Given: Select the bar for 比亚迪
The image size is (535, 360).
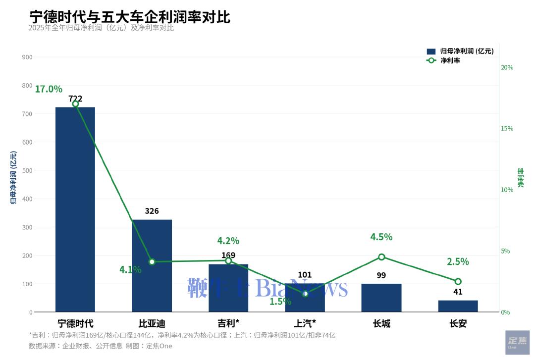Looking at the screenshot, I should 152,265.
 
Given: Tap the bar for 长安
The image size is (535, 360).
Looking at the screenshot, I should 458,306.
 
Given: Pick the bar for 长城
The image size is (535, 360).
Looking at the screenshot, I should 381,298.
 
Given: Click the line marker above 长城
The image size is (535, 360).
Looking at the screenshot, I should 381,257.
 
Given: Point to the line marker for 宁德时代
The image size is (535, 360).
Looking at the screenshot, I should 75,104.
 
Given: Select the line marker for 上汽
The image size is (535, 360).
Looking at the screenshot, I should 305,294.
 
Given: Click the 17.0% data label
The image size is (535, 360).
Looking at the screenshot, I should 49,89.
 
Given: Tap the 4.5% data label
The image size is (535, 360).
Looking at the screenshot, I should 381,237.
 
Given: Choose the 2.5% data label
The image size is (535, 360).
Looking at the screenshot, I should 458,261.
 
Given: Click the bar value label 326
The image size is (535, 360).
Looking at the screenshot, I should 152,211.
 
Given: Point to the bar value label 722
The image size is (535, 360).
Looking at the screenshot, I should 75,99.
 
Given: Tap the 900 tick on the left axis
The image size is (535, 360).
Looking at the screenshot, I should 27,57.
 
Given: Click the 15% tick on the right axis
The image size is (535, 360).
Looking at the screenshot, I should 507,128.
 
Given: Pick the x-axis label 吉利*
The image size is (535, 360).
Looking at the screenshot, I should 228,324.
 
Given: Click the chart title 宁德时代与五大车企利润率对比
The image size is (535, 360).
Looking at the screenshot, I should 130,16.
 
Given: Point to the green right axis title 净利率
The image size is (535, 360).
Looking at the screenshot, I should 521,178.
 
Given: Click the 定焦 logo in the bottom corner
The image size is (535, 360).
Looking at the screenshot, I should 517,342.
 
